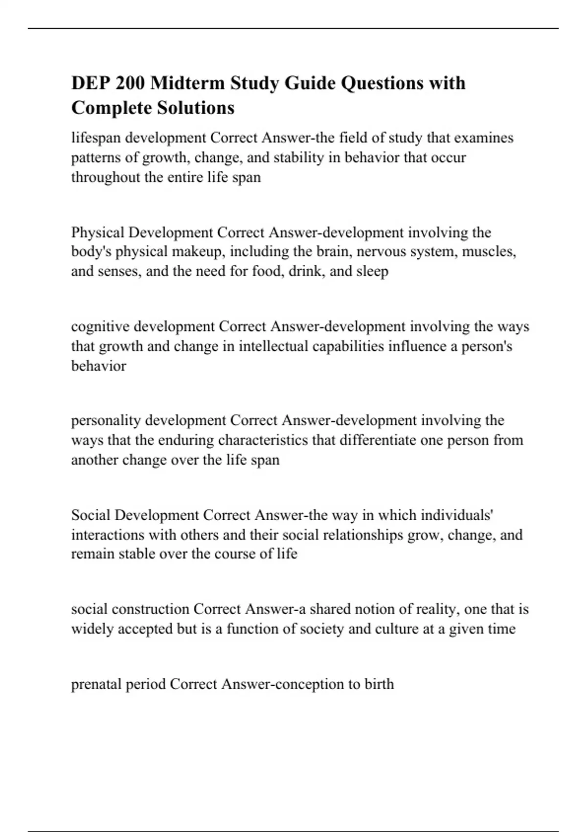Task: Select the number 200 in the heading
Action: [131, 83]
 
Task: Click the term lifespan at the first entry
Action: [96, 138]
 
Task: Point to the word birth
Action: [379, 684]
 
